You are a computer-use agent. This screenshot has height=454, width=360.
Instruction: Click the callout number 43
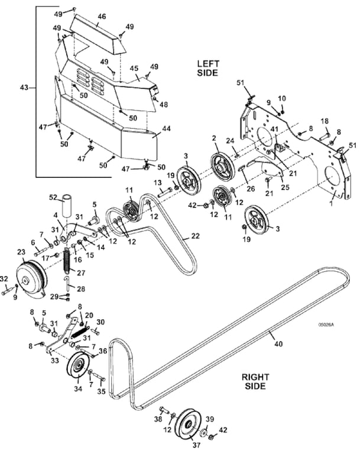pyautogui.click(x=24, y=87)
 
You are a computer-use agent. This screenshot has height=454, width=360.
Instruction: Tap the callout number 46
pyautogui.click(x=102, y=17)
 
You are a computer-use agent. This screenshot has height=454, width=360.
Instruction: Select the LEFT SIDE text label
pyautogui.click(x=208, y=68)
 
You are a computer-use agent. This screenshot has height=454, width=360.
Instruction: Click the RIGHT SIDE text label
pyautogui.click(x=255, y=381)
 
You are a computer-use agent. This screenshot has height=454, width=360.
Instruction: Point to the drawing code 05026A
pyautogui.click(x=326, y=325)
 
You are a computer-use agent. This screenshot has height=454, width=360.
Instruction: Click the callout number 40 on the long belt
pyautogui.click(x=278, y=343)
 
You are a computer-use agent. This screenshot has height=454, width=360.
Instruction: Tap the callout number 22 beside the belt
pyautogui.click(x=196, y=236)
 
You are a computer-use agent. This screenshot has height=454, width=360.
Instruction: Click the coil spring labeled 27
pyautogui.click(x=67, y=261)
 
